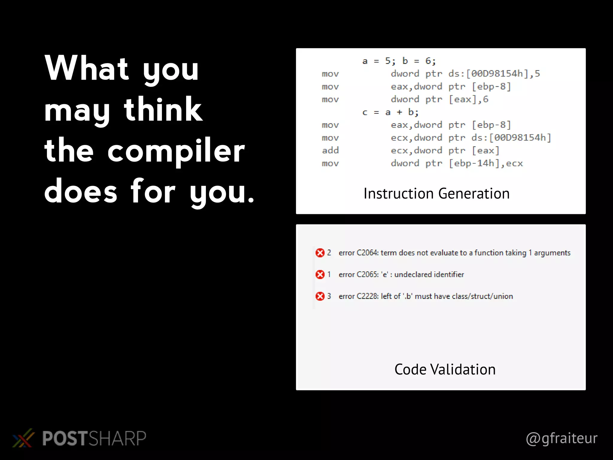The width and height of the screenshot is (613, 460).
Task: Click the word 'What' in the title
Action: coord(87,68)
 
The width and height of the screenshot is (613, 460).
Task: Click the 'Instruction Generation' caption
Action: coord(436,193)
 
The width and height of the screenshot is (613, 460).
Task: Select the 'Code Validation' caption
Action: coord(445,369)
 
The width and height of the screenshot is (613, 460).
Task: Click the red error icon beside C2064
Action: coord(320,253)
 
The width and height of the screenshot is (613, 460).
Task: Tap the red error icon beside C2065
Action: coord(320,274)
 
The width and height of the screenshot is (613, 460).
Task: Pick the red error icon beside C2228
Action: coord(320,296)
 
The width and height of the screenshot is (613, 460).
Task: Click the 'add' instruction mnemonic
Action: coord(330,150)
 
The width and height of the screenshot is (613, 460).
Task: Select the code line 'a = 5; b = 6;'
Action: coord(399,61)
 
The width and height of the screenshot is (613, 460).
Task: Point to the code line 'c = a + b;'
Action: coord(390,112)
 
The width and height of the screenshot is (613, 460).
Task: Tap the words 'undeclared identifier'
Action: coord(429,274)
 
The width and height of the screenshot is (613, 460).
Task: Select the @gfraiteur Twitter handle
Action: coord(562,438)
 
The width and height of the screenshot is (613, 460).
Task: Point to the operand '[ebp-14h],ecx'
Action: coord(486,163)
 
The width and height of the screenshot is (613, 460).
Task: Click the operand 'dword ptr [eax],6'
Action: coord(439,99)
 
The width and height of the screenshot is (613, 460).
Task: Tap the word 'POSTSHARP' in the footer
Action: coord(94,438)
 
